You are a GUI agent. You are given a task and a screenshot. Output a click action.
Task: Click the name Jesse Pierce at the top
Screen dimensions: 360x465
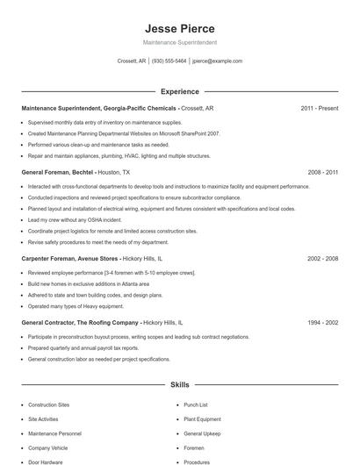click(x=179, y=28)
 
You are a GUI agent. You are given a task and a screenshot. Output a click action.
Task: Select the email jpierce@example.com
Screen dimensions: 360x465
click(x=217, y=61)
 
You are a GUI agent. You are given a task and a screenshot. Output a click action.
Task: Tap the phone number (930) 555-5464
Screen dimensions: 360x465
click(x=169, y=61)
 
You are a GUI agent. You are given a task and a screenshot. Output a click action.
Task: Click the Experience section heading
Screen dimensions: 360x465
click(x=179, y=91)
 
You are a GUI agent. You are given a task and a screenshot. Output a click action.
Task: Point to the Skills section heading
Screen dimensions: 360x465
click(x=179, y=384)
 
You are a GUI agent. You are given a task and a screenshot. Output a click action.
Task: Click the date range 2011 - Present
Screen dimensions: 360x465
click(x=320, y=108)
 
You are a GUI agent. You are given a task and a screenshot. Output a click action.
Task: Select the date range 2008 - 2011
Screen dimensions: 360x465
click(x=322, y=173)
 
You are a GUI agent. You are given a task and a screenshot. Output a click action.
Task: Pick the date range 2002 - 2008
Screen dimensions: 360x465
click(x=322, y=259)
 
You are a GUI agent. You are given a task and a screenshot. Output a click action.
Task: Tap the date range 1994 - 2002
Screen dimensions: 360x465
click(x=322, y=323)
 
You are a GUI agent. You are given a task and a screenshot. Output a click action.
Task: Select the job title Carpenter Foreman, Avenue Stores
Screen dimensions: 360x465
click(x=69, y=259)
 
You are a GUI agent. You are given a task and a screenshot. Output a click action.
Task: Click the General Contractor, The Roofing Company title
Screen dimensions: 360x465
click(x=80, y=323)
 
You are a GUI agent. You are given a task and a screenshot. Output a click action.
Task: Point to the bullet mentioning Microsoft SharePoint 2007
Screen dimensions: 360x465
click(x=123, y=133)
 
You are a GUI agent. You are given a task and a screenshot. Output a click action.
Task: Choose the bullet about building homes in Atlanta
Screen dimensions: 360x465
click(x=88, y=284)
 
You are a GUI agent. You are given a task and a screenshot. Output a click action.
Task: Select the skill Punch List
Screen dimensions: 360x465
click(x=196, y=405)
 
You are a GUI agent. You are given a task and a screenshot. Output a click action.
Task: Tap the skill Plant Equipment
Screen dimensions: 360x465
click(x=202, y=419)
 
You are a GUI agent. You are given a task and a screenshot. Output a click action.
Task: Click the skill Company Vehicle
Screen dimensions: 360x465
click(x=47, y=447)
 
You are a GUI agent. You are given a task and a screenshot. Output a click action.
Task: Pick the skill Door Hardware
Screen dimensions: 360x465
click(x=46, y=461)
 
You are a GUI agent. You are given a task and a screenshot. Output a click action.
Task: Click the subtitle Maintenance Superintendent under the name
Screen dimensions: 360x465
click(x=179, y=42)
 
